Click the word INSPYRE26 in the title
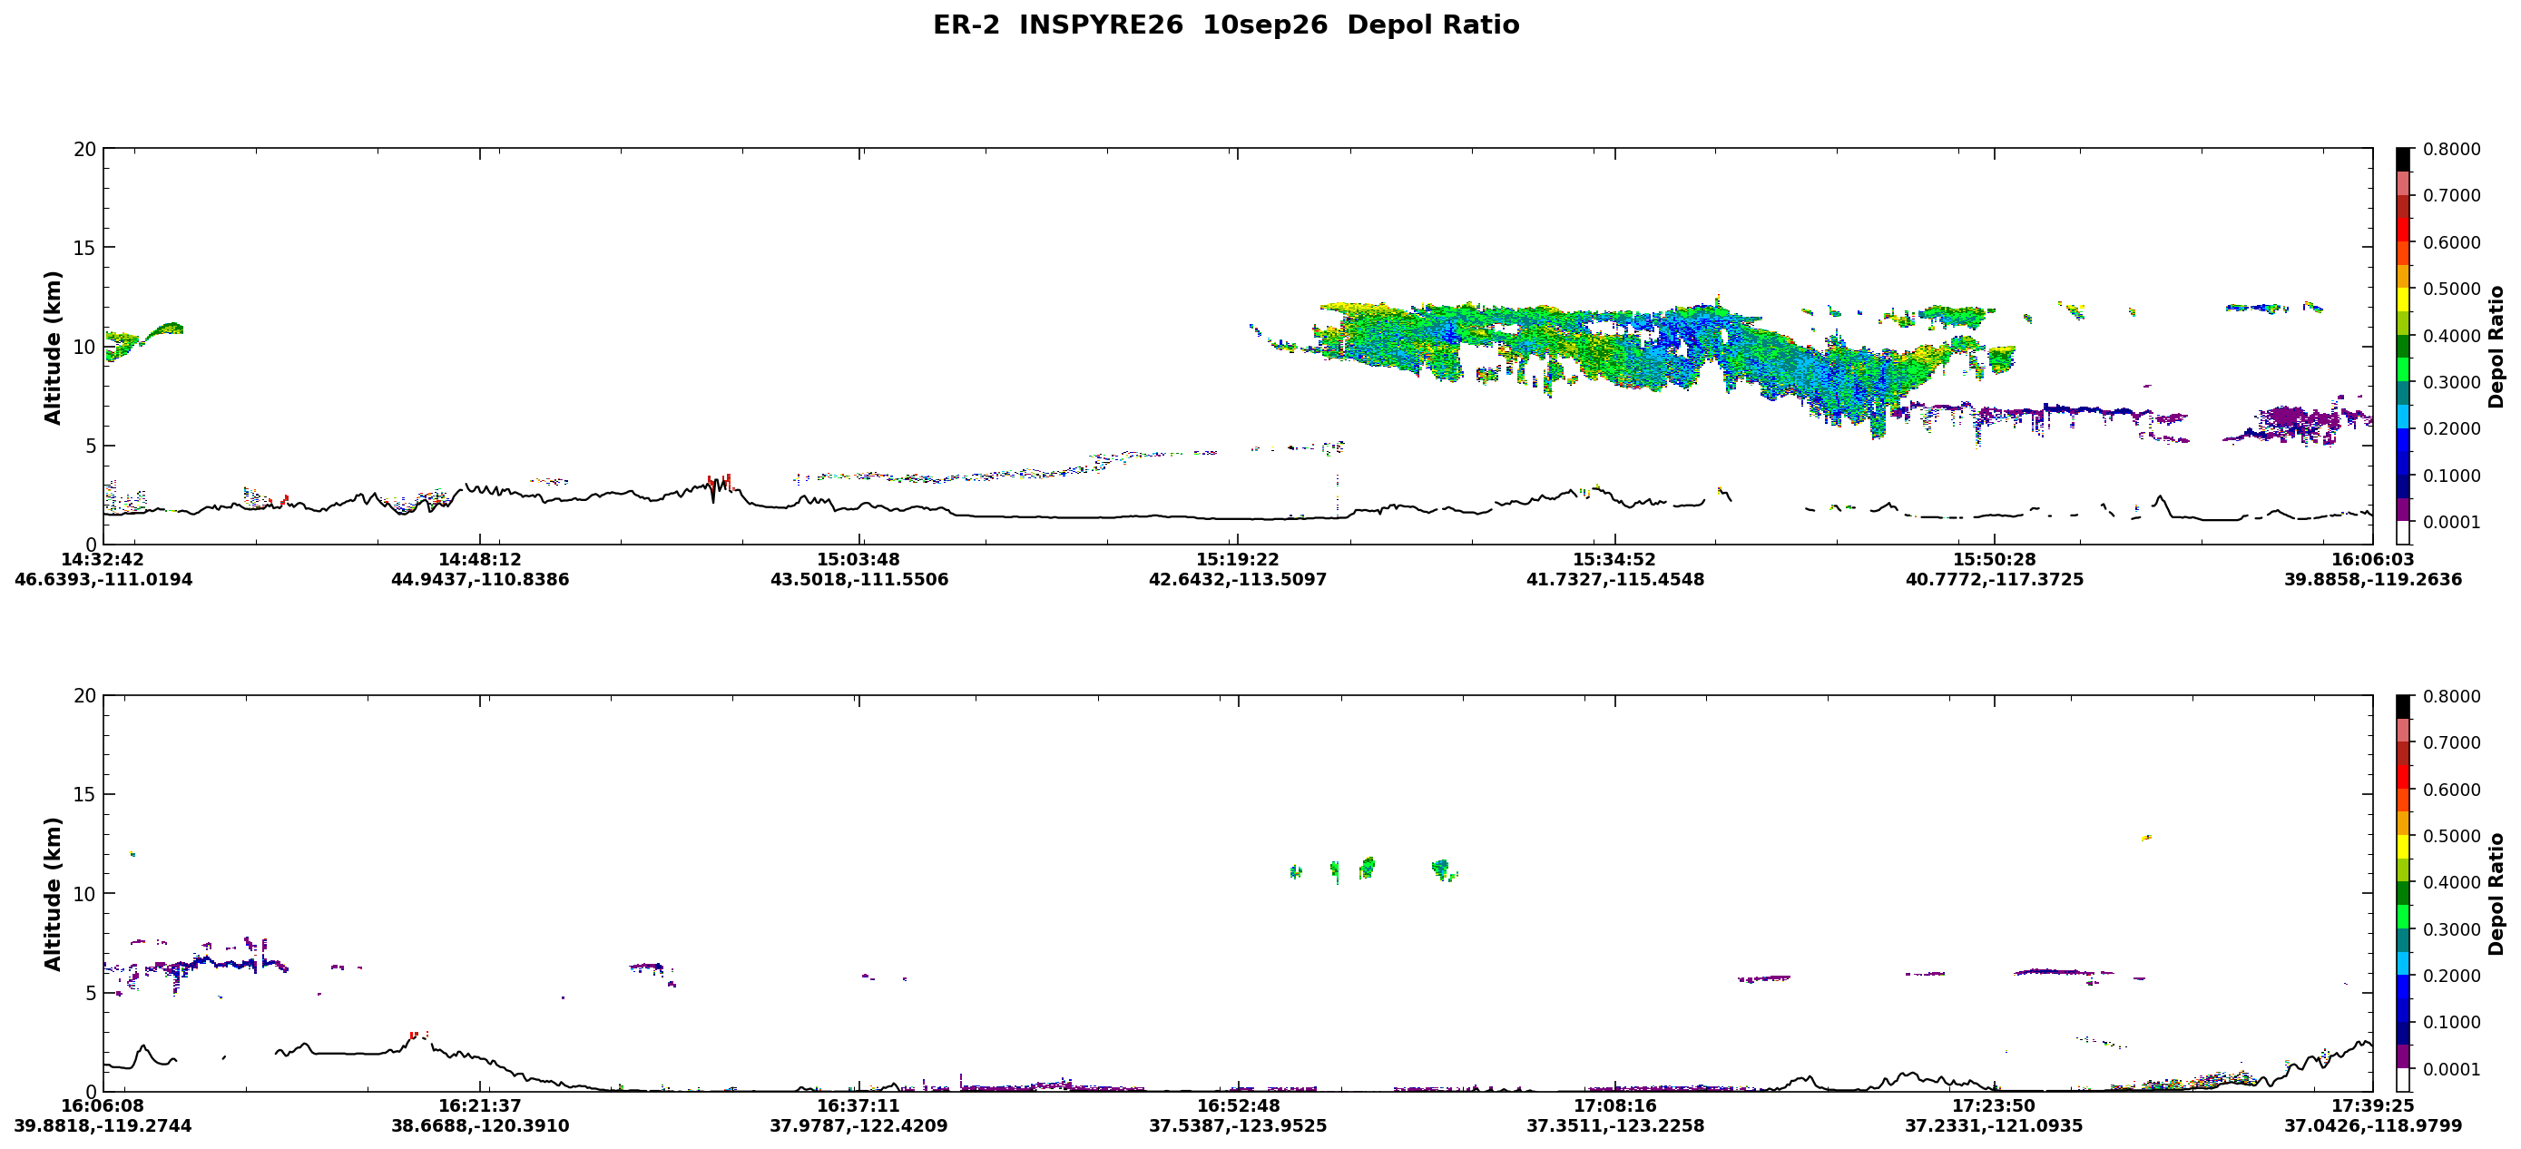pyautogui.click(x=1101, y=25)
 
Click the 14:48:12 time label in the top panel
pyautogui.click(x=479, y=560)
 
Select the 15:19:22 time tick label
pyautogui.click(x=1238, y=560)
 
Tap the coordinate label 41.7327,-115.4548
pyautogui.click(x=1614, y=579)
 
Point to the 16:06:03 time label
pyautogui.click(x=2372, y=560)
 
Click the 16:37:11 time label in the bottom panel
pyautogui.click(x=858, y=1106)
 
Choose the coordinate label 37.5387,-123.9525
pyautogui.click(x=1238, y=1125)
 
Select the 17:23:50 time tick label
pyautogui.click(x=1994, y=1106)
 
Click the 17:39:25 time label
pyautogui.click(x=2372, y=1106)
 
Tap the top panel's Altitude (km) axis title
pyautogui.click(x=53, y=348)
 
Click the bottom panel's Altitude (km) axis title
pyautogui.click(x=53, y=894)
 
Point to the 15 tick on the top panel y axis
pyautogui.click(x=85, y=249)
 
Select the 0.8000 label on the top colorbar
pyautogui.click(x=2451, y=150)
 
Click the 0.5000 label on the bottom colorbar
pyautogui.click(x=2451, y=837)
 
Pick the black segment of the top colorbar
pyautogui.click(x=2403, y=161)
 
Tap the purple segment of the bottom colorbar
pyautogui.click(x=2403, y=1057)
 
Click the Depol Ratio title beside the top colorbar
pyautogui.click(x=2496, y=348)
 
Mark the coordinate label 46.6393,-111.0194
pyautogui.click(x=103, y=579)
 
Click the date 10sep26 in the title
pyautogui.click(x=1264, y=25)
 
